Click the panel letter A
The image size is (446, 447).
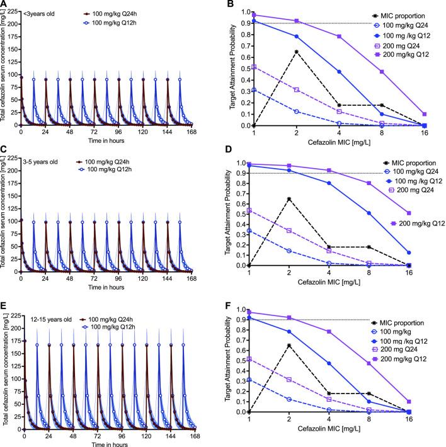tap(4, 5)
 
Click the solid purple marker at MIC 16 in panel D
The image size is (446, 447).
tap(425, 213)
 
